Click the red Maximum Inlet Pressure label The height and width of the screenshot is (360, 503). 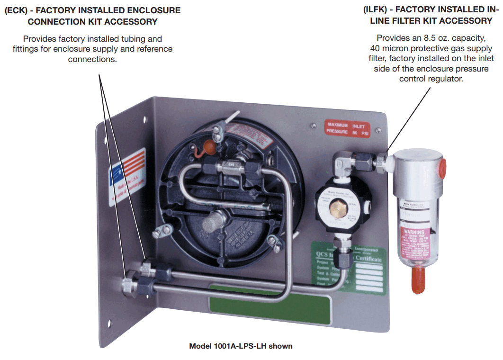pos(348,128)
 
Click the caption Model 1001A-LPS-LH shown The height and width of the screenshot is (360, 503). pos(241,346)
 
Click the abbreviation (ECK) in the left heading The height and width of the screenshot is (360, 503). pos(18,10)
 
